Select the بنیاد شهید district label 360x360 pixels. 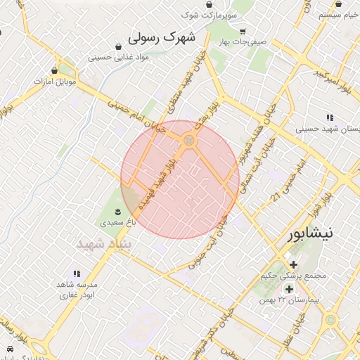point(105,243)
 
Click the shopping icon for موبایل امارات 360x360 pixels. point(55,70)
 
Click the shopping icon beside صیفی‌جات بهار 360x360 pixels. point(243,32)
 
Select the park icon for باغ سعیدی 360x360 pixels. point(117,211)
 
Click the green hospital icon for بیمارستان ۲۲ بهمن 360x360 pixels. point(288,289)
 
